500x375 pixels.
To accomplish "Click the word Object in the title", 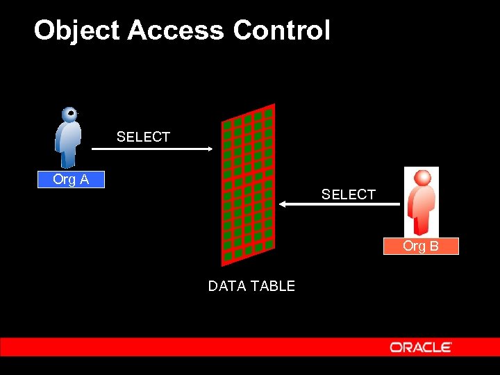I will click(x=76, y=31).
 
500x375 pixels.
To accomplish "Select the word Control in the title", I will click(x=281, y=31).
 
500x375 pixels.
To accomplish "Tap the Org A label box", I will click(x=71, y=180).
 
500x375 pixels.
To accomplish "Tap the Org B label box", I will click(x=421, y=247).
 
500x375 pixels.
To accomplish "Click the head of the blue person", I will click(x=69, y=115).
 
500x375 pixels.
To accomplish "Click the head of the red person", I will click(x=421, y=178).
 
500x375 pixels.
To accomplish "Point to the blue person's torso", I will click(x=68, y=137).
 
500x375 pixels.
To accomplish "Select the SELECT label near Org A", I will click(x=143, y=137).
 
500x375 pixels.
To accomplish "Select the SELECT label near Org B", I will click(x=348, y=195).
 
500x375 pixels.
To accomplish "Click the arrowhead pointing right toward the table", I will click(x=209, y=149).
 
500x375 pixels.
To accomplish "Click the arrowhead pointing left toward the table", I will click(x=283, y=204).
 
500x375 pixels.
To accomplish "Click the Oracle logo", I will click(x=421, y=347).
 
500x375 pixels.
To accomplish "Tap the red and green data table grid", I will click(x=248, y=184).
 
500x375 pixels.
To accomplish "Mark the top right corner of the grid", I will click(x=274, y=105).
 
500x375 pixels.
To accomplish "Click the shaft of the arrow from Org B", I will click(x=344, y=204).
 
